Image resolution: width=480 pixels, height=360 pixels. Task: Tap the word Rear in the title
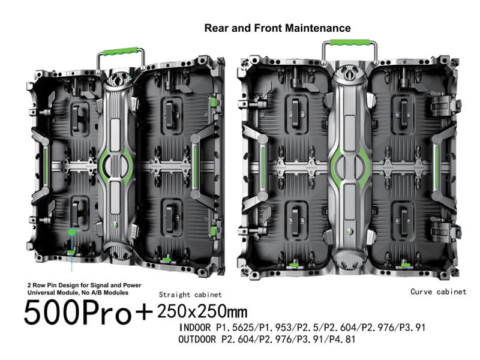tap(217, 28)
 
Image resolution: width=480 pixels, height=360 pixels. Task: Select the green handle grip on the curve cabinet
tap(350, 42)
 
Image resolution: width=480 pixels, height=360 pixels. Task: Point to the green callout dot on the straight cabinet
tap(71, 232)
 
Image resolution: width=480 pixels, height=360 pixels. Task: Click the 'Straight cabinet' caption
tap(190, 295)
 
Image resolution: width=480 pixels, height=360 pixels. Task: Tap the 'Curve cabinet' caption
tap(439, 292)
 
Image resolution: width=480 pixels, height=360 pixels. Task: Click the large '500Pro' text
tap(77, 312)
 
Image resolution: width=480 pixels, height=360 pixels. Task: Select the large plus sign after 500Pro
tap(143, 312)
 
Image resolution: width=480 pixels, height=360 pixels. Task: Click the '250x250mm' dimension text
tap(202, 311)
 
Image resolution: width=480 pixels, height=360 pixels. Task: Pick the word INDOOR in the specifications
tap(194, 328)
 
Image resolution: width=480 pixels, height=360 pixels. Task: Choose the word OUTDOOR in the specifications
tap(197, 339)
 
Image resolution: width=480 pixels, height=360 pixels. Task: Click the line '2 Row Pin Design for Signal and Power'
tap(84, 286)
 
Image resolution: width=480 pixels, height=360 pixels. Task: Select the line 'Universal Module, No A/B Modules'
tap(78, 293)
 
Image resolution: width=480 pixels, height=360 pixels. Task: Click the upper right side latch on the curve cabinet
tap(444, 104)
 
